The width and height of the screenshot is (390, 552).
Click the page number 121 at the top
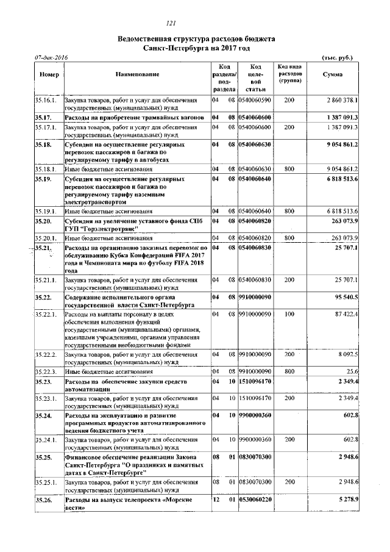[196, 23]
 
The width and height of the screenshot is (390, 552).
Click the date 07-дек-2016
[52, 57]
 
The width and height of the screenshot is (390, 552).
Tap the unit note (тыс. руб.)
[336, 57]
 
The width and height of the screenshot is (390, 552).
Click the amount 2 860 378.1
[341, 99]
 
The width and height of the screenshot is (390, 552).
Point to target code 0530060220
[255, 500]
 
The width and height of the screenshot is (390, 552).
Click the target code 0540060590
[255, 99]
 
